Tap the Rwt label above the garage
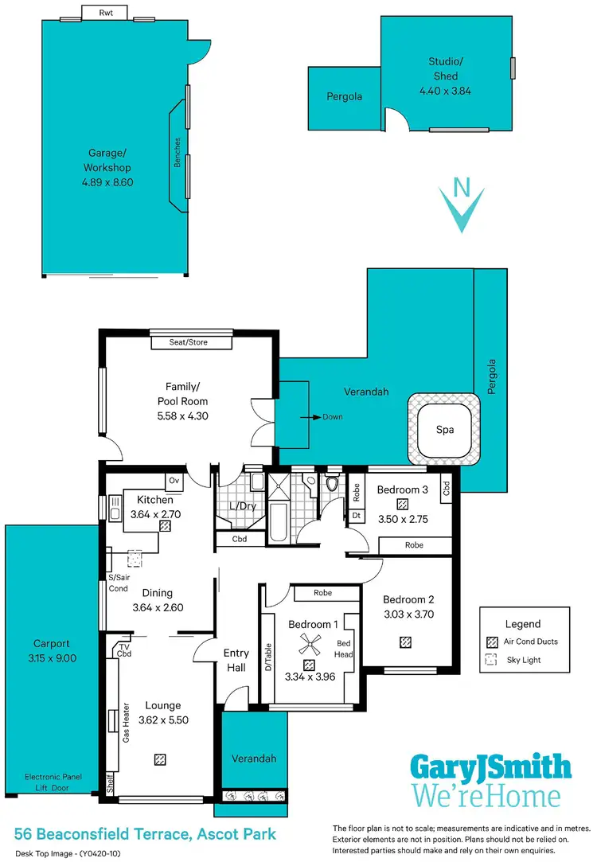[x=106, y=13]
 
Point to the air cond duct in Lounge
[x=161, y=760]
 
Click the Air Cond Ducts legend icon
[x=490, y=642]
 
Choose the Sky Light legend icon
[x=490, y=660]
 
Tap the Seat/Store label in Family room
[x=191, y=343]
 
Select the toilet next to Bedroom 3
[x=332, y=482]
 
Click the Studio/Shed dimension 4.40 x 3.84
[x=445, y=91]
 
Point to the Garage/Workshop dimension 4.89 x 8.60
[x=107, y=181]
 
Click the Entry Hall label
[x=236, y=660]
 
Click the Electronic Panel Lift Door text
[x=53, y=782]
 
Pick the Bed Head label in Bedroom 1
[x=344, y=649]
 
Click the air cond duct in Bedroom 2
[x=406, y=642]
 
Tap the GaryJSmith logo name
[x=490, y=767]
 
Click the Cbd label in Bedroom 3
[x=446, y=486]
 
